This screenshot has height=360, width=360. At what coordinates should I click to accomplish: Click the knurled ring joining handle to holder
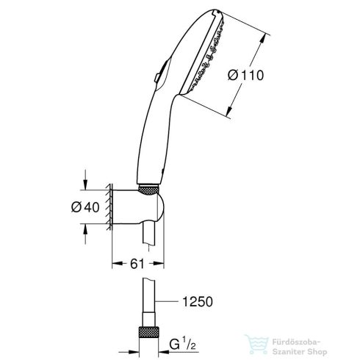point(149,190)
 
